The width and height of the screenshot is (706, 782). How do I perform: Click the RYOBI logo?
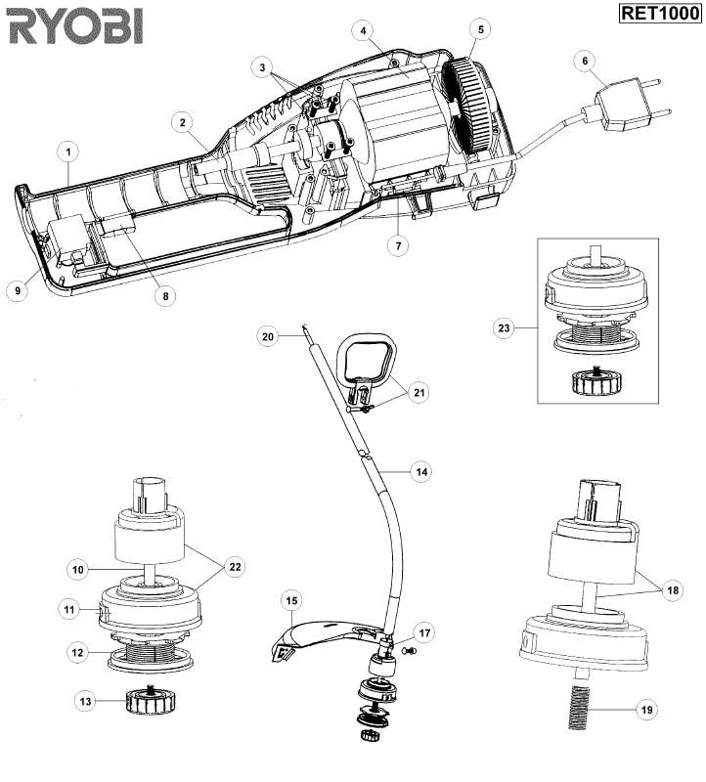(x=74, y=26)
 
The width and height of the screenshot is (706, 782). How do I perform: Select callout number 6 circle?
(x=585, y=60)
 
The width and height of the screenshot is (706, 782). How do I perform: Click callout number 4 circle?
(x=364, y=31)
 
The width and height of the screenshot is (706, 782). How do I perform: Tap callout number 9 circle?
(x=17, y=290)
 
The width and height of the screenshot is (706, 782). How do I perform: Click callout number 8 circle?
(x=165, y=294)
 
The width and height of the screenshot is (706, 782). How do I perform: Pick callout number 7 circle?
(x=398, y=246)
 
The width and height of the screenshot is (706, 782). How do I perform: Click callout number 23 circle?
(x=505, y=329)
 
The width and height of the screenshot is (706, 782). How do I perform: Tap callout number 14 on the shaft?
(x=421, y=471)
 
